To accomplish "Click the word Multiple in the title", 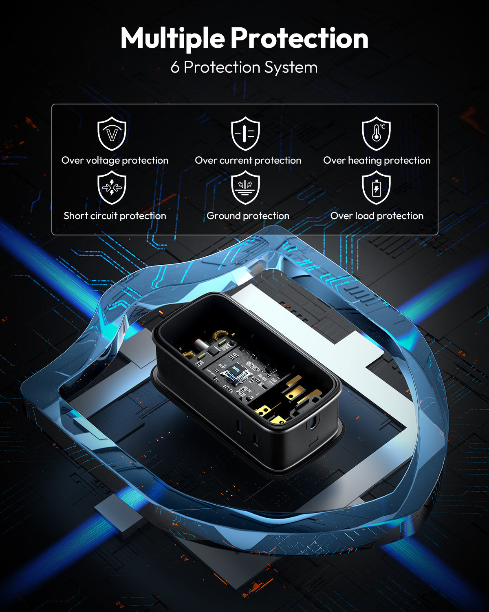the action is pyautogui.click(x=173, y=38).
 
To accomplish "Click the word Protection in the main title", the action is pyautogui.click(x=300, y=38).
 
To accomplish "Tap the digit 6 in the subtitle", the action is pyautogui.click(x=175, y=68).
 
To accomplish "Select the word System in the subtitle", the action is pyautogui.click(x=291, y=68).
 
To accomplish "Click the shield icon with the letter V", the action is pyautogui.click(x=112, y=133).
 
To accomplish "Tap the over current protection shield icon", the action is pyautogui.click(x=245, y=133).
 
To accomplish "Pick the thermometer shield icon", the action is pyautogui.click(x=376, y=133).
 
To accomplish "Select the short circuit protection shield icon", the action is pyautogui.click(x=112, y=187).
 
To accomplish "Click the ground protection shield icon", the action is pyautogui.click(x=245, y=187).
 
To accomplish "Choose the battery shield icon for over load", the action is pyautogui.click(x=376, y=187).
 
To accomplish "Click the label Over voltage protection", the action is pyautogui.click(x=115, y=160).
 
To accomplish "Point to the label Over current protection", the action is pyautogui.click(x=248, y=160).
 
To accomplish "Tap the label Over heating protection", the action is pyautogui.click(x=377, y=160).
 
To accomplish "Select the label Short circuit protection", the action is pyautogui.click(x=115, y=216).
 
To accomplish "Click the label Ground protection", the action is pyautogui.click(x=248, y=216).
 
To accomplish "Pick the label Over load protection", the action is pyautogui.click(x=377, y=216).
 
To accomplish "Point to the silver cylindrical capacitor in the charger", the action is pyautogui.click(x=202, y=345).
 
